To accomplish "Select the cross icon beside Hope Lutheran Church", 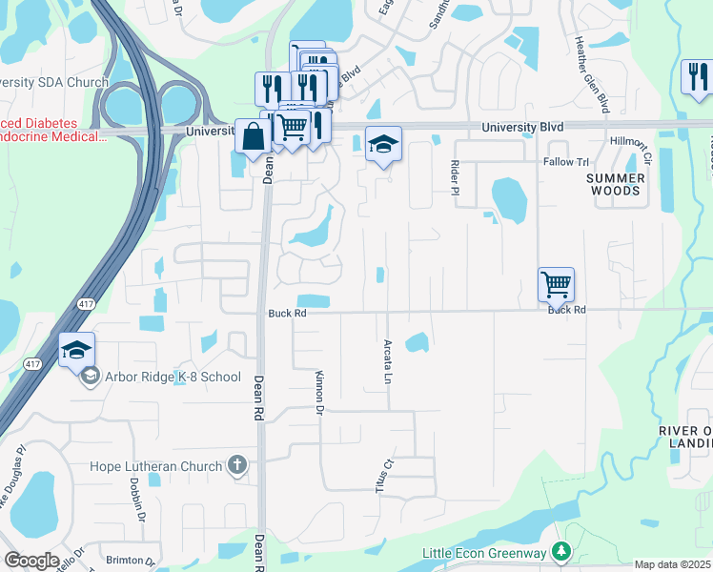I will click(237, 466).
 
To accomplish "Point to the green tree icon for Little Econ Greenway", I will click(562, 552).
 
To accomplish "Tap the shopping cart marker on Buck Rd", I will click(556, 284).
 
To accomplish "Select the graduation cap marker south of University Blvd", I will click(383, 144).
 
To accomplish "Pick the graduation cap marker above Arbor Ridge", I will click(76, 350).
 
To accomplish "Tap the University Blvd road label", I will click(522, 128).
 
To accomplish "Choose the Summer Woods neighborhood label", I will click(615, 185).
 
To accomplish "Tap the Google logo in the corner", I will click(31, 561).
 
